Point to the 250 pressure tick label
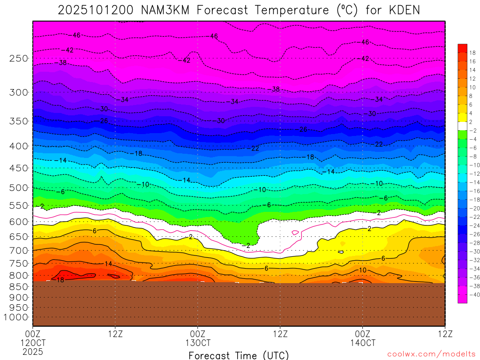tap(19, 58)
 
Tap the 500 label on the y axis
tap(19, 188)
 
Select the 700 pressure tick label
tap(19, 250)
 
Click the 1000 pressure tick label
tap(16, 317)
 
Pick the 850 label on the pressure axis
tap(19, 286)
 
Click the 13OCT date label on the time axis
tap(198, 342)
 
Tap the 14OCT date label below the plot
tap(362, 342)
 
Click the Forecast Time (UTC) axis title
tap(239, 355)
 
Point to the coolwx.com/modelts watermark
tap(431, 354)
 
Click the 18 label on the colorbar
tap(472, 52)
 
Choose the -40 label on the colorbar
tap(474, 294)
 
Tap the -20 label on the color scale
tap(474, 208)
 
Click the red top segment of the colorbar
tap(462, 48)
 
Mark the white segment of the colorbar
tap(462, 126)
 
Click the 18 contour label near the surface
tap(60, 280)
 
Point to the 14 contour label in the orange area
tap(108, 264)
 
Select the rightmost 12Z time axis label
tap(444, 334)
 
